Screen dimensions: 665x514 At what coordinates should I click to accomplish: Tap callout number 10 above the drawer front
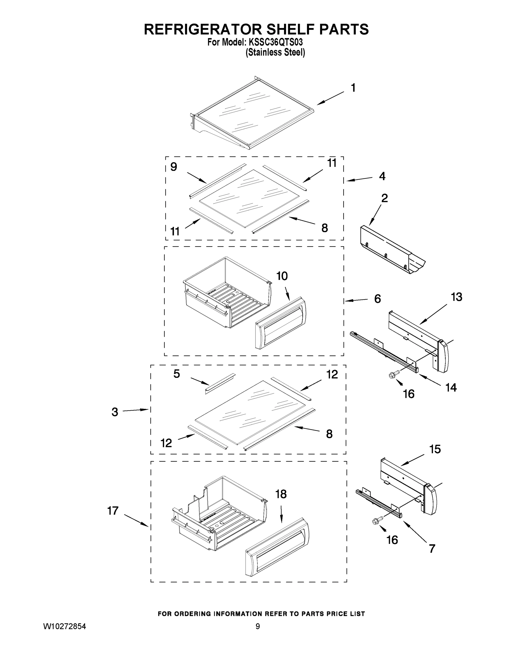(x=282, y=276)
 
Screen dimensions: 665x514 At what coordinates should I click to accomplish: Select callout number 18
(x=281, y=494)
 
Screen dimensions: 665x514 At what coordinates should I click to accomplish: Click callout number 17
(x=113, y=511)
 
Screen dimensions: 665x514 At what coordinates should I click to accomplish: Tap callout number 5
(x=177, y=374)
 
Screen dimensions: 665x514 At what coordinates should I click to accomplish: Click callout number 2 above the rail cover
(x=385, y=198)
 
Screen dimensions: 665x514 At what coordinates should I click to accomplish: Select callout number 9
(x=173, y=167)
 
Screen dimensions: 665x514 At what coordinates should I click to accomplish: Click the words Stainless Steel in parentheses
(x=275, y=53)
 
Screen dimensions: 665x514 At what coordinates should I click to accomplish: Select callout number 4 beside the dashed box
(x=382, y=176)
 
